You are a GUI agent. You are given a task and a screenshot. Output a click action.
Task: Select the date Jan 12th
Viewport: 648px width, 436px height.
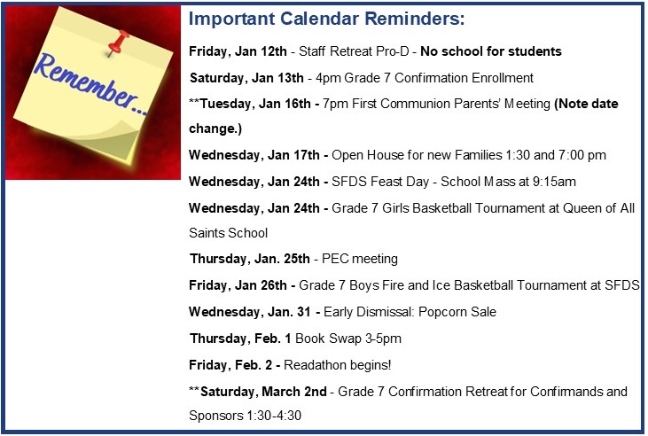click(x=261, y=51)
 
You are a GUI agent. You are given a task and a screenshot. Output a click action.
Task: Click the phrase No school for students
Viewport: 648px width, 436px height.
click(x=491, y=51)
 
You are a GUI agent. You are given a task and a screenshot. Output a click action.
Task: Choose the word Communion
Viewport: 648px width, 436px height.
click(x=416, y=104)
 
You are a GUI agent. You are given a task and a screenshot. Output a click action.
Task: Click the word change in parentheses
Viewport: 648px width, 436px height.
click(x=213, y=129)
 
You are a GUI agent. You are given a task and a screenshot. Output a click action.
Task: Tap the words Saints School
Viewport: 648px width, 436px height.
click(x=228, y=233)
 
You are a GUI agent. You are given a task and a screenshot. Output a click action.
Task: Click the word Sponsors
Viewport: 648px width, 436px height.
click(x=215, y=416)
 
